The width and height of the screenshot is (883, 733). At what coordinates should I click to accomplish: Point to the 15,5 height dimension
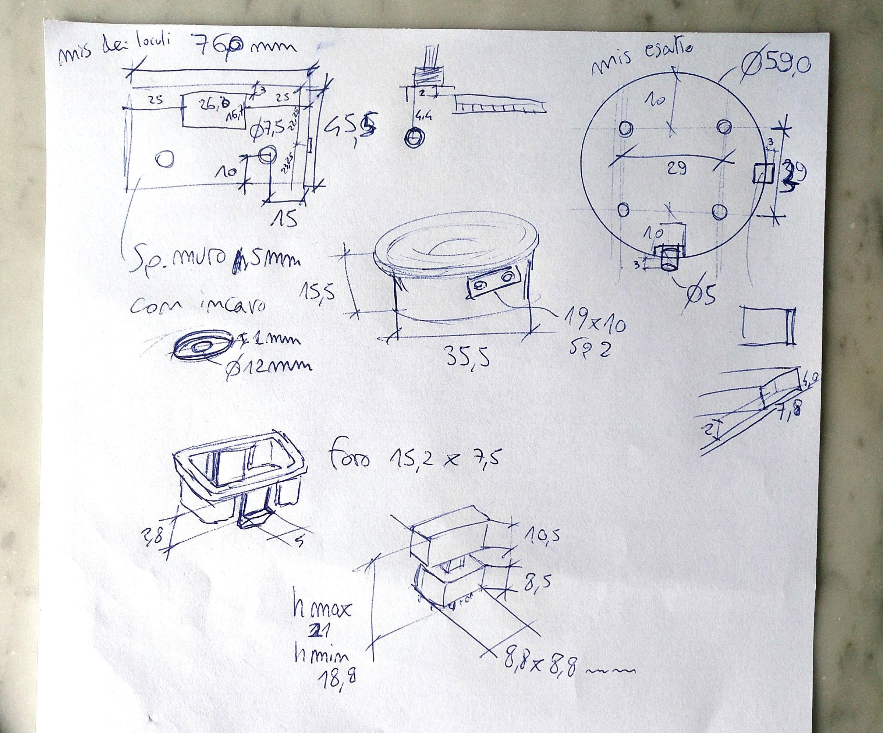318,290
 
